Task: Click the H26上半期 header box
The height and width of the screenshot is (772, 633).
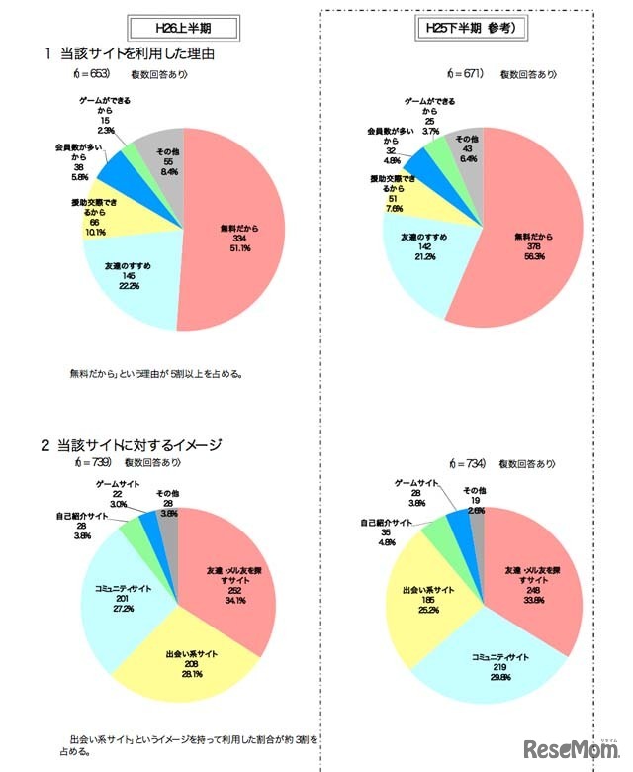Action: (x=183, y=26)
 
